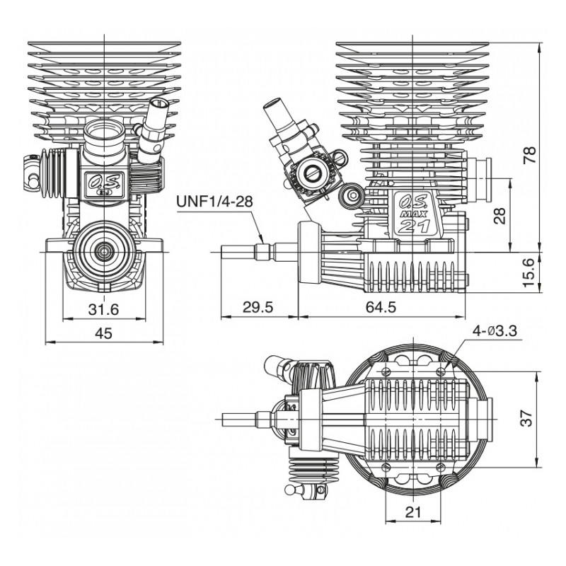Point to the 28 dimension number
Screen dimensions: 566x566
(500, 215)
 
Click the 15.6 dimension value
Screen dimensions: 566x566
(529, 272)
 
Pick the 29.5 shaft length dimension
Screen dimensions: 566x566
(258, 308)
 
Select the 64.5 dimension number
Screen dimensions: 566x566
(381, 308)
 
